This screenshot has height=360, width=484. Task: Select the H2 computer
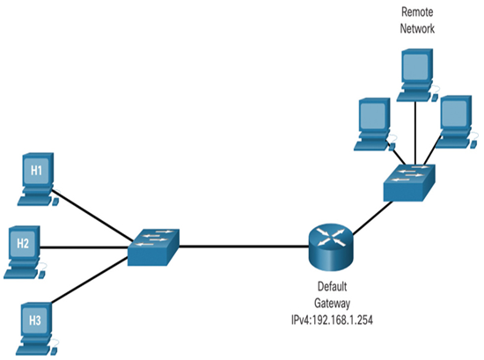tap(24, 253)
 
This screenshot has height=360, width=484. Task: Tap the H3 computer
tap(36, 329)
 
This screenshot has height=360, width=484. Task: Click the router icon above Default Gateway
tap(330, 247)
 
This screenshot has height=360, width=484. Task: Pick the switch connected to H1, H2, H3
tap(153, 247)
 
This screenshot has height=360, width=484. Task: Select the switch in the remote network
tap(409, 183)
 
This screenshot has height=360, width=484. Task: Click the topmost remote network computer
tap(417, 75)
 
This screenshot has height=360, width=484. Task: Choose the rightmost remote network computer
tap(456, 122)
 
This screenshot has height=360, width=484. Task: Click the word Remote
tap(417, 12)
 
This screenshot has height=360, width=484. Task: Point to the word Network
tap(417, 28)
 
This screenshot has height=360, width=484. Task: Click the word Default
tap(332, 287)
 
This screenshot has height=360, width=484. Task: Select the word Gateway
tap(332, 303)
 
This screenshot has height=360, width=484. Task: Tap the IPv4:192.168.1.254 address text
tap(332, 320)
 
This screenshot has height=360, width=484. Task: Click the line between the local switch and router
tap(244, 246)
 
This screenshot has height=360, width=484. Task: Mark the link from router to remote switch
tap(372, 217)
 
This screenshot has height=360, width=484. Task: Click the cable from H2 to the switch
tap(84, 247)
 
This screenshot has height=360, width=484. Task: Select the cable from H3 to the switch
tap(89, 279)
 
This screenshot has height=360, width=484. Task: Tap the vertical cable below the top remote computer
tap(415, 134)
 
